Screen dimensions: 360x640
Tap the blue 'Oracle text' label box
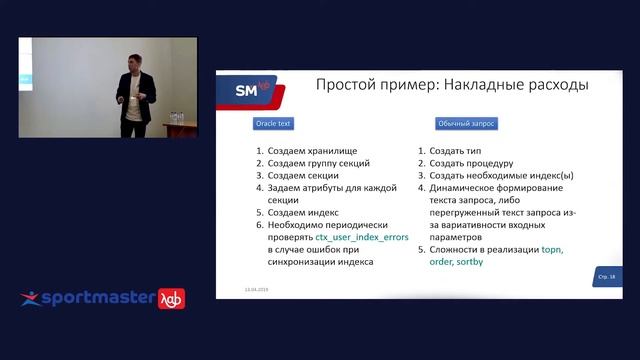270,124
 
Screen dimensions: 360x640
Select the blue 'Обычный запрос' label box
466,124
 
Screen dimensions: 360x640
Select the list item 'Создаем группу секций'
319,162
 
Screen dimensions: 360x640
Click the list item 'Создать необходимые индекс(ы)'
503,174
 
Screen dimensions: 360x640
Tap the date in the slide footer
257,288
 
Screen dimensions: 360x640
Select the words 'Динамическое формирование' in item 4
495,187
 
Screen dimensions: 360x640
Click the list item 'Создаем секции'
304,174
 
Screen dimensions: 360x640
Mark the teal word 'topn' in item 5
553,249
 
